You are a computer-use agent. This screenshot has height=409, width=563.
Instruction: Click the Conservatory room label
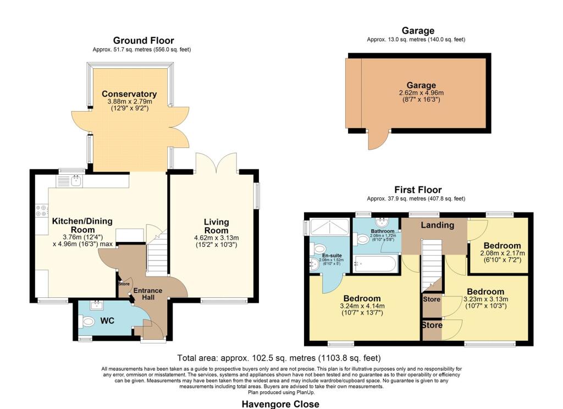129,94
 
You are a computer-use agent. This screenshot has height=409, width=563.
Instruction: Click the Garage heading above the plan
417,31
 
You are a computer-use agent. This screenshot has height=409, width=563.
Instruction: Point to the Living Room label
216,226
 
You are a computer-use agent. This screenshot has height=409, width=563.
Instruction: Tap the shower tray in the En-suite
329,226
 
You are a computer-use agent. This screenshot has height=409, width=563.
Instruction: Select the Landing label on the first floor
437,225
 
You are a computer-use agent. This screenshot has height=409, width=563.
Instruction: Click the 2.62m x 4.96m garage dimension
421,93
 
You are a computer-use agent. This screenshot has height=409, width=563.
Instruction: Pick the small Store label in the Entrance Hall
124,284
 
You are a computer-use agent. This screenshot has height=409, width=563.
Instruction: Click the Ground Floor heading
143,41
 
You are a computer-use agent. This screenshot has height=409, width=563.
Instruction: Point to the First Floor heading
417,190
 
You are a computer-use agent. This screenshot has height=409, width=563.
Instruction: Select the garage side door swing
377,140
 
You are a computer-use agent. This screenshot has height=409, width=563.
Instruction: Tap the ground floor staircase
157,253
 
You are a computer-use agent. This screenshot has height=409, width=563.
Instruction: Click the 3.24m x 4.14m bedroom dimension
362,307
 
